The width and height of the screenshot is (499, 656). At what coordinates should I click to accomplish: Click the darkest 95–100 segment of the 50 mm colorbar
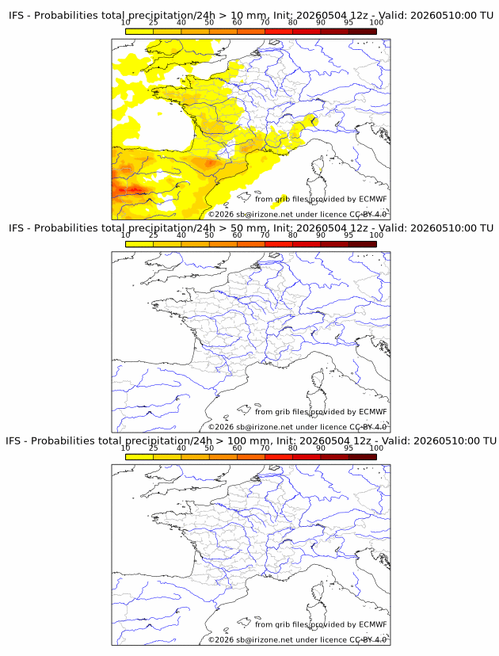363,243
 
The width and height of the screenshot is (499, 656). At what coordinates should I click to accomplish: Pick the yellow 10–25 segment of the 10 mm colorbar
139,31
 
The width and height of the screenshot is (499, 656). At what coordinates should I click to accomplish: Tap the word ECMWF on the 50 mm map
373,412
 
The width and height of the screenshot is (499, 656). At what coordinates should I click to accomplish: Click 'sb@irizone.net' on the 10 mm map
265,214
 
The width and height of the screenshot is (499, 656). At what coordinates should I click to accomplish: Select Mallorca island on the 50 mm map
244,409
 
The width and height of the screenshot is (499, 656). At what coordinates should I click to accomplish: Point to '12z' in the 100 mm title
362,441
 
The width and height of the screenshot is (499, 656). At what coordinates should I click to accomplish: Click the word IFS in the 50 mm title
17,228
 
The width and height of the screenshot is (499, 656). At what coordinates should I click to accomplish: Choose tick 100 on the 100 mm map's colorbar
376,448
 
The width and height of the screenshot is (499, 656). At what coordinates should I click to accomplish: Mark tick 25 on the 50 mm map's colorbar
153,235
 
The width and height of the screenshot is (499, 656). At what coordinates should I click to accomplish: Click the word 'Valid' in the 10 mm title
391,16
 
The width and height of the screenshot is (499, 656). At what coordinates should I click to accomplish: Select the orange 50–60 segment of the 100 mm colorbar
223,456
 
